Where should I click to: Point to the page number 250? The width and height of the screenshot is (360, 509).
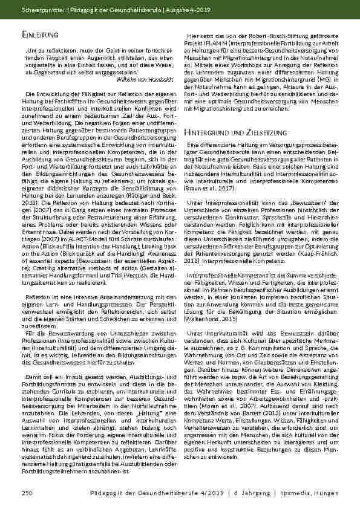[x=26, y=494]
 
